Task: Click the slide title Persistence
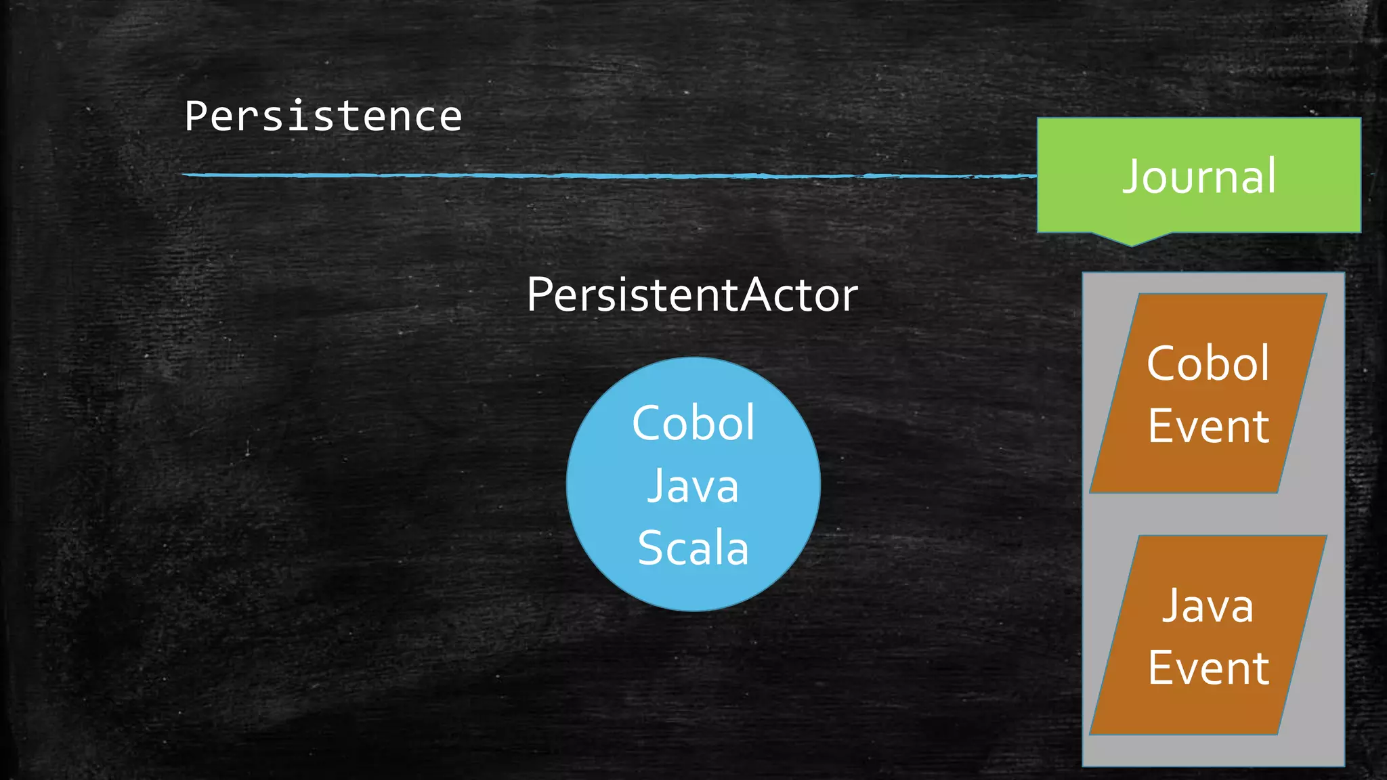[x=323, y=116]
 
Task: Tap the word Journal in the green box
[x=1199, y=177]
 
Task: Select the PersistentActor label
[x=692, y=295]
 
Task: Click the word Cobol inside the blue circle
[x=693, y=424]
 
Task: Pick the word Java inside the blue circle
[x=693, y=486]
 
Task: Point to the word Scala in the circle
[x=693, y=548]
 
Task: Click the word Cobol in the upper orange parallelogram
[x=1208, y=364]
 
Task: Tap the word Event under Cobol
[x=1208, y=427]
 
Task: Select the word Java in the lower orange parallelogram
[x=1208, y=605]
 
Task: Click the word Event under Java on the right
[x=1208, y=668]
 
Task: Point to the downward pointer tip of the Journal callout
[x=1131, y=244]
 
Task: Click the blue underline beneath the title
[x=610, y=175]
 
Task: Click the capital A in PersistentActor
[x=754, y=295]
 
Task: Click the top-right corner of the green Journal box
[x=1360, y=119]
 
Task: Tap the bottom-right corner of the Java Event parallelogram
[x=1277, y=733]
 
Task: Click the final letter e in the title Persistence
[x=449, y=118]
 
